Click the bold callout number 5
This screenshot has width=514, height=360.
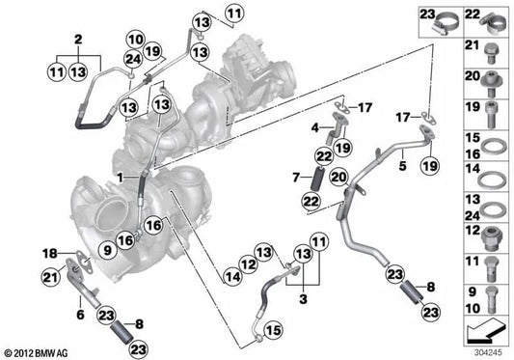pyautogui.click(x=396, y=166)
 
